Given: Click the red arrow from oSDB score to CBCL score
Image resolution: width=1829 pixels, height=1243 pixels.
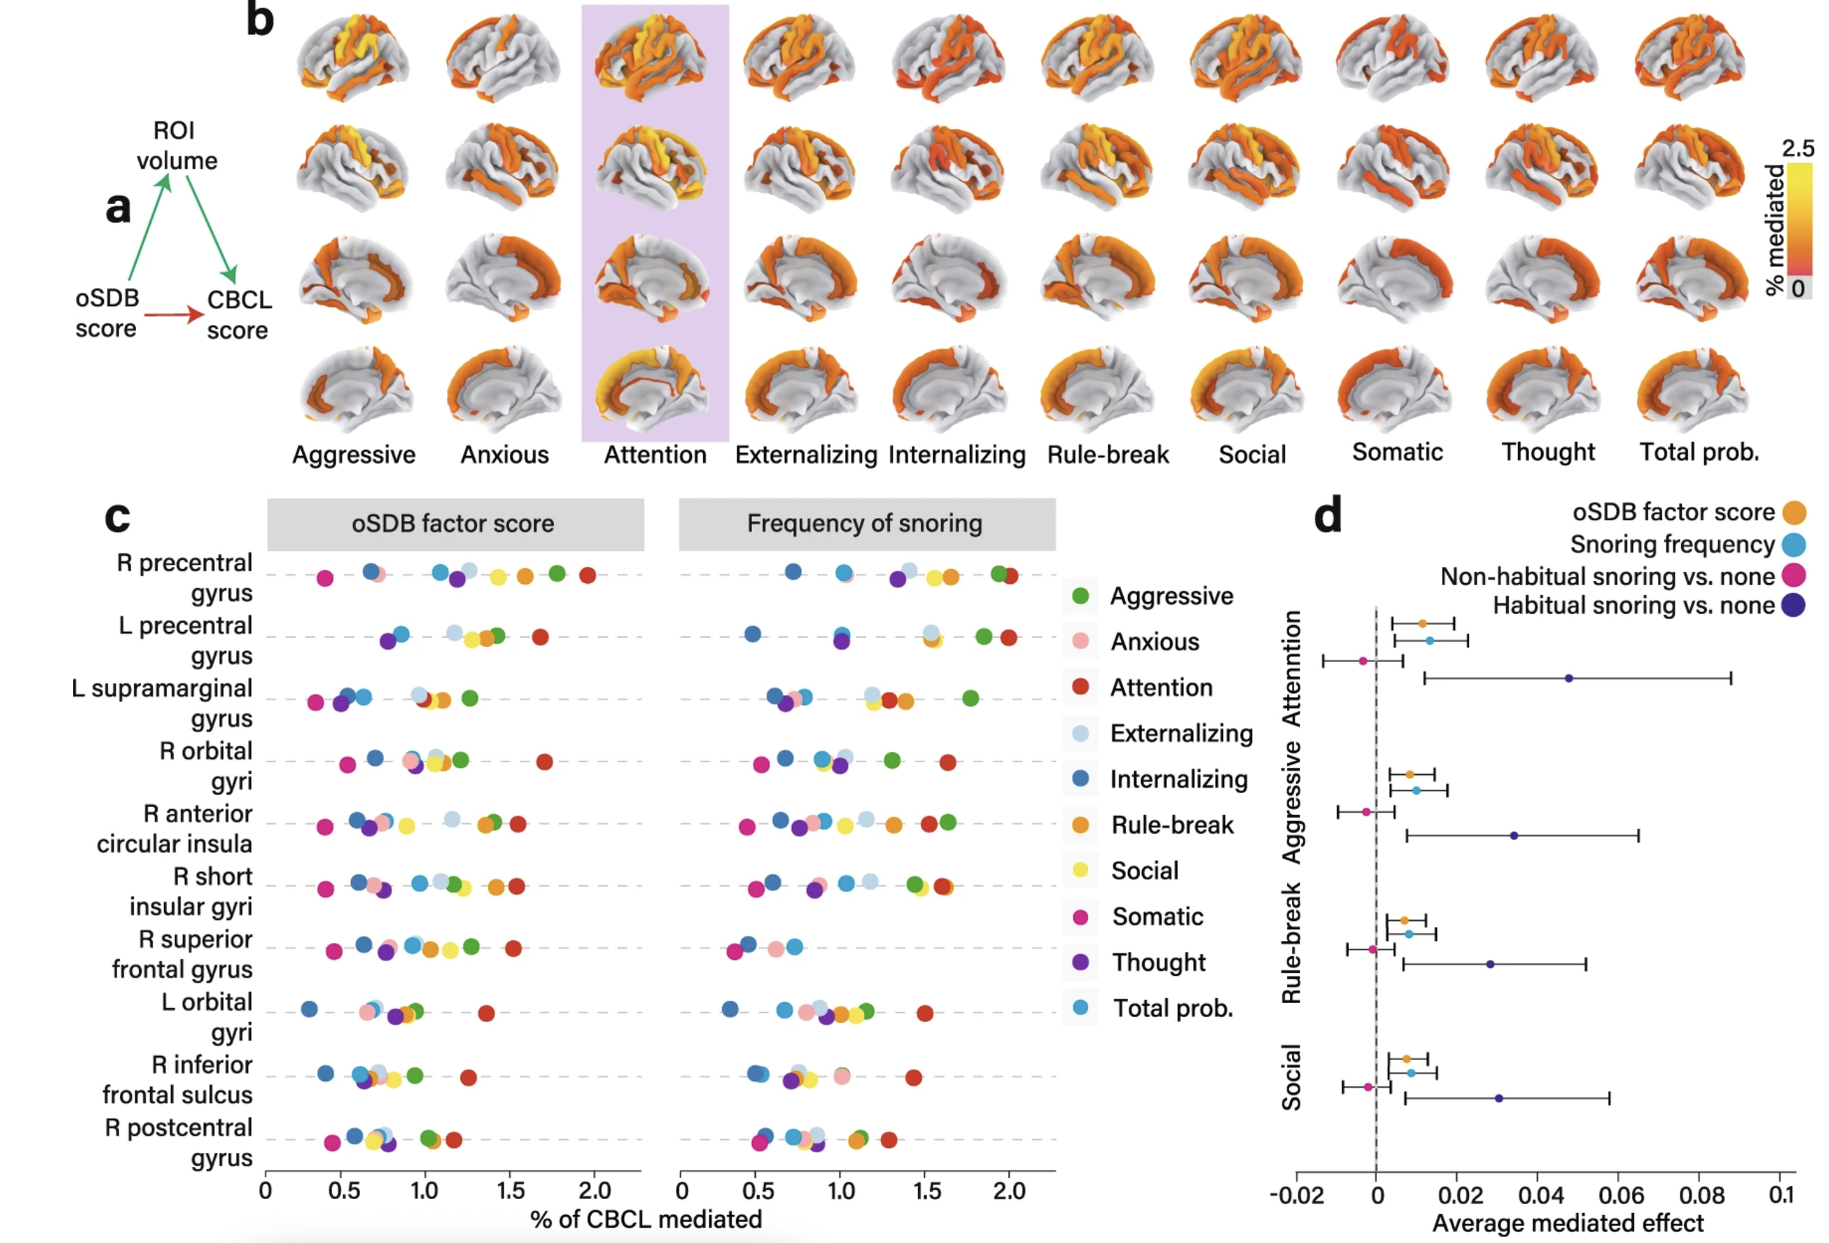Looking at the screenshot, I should [x=173, y=315].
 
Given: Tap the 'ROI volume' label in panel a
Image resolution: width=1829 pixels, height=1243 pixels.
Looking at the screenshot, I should [x=176, y=146].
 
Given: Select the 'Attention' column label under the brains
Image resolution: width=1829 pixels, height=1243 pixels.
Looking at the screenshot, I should [x=655, y=454].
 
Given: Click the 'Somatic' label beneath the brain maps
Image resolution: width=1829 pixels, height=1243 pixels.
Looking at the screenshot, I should [x=1397, y=452].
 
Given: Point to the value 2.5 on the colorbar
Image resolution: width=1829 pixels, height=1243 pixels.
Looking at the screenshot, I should [x=1798, y=149].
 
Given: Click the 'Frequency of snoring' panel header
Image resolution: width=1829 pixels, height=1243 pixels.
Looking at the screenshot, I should [x=865, y=524].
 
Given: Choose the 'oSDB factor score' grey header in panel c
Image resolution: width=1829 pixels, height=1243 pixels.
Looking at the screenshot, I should [x=454, y=524].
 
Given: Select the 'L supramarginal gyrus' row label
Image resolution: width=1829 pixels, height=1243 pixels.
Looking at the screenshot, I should [x=162, y=703].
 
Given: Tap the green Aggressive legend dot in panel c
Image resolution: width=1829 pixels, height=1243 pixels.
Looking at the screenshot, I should [x=1081, y=596].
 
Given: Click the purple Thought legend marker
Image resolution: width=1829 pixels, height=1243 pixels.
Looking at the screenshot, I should [x=1081, y=962].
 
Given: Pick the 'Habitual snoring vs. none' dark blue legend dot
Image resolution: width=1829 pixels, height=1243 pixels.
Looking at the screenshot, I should [x=1794, y=605].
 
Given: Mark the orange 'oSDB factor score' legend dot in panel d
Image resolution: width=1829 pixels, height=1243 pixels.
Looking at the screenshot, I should [x=1794, y=512].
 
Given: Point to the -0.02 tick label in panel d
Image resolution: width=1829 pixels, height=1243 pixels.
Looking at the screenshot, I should [x=1297, y=1195].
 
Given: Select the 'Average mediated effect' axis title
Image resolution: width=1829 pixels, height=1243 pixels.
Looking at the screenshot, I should [x=1568, y=1223].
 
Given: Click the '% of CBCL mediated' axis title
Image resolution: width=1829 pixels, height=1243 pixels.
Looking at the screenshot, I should [x=646, y=1220].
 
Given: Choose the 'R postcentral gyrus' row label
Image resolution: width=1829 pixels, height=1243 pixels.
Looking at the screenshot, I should [x=179, y=1142].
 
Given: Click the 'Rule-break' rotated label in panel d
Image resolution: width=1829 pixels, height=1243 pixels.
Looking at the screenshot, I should [x=1291, y=943].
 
